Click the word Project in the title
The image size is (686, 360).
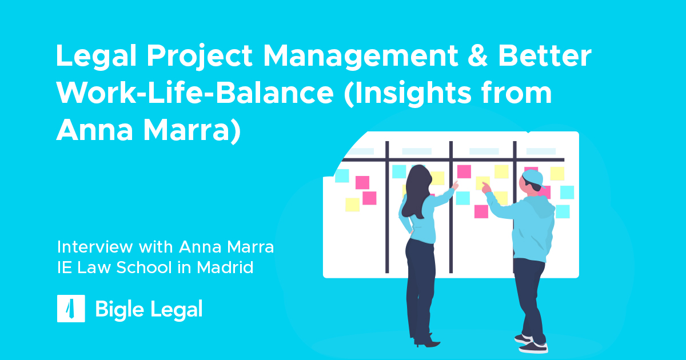(200, 57)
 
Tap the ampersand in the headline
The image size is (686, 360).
(477, 55)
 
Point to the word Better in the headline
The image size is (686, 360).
(545, 55)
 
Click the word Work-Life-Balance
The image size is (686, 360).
(195, 93)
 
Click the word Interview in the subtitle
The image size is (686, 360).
(95, 247)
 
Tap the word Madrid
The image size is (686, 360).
(225, 267)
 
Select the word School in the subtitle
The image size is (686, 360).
(144, 267)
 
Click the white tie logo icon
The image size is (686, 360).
(71, 309)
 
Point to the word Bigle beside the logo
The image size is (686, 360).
(119, 310)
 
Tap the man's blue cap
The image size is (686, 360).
(534, 178)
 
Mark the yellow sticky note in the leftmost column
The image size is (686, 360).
(352, 205)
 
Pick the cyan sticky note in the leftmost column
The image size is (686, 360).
(342, 176)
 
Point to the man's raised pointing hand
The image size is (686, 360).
(486, 187)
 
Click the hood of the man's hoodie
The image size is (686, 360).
(544, 207)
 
